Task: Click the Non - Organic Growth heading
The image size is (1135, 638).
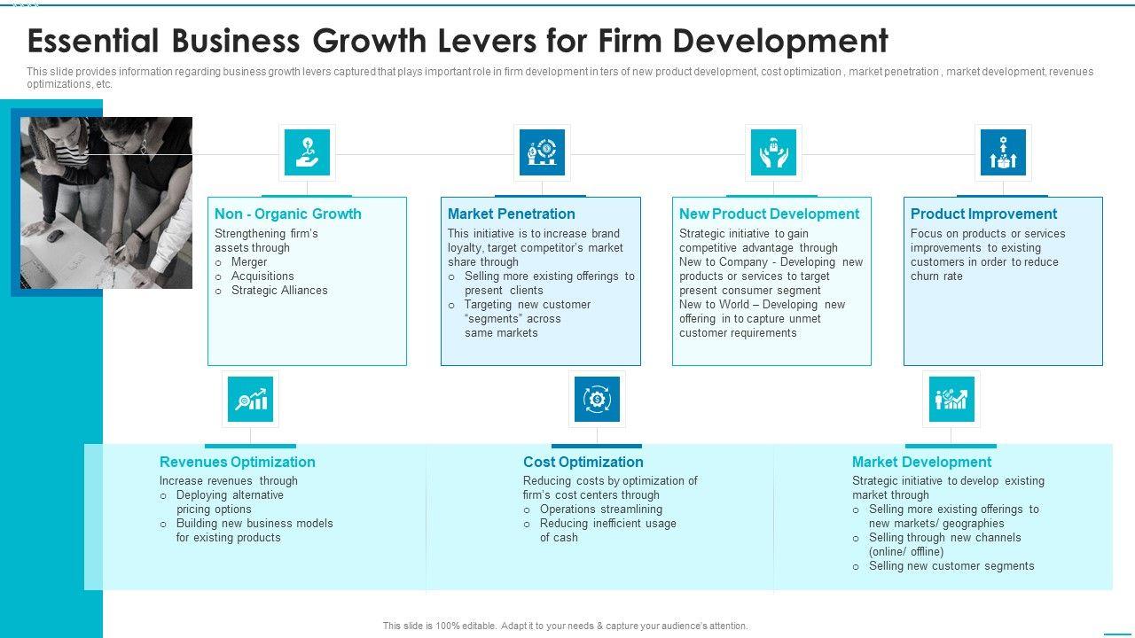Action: coord(288,214)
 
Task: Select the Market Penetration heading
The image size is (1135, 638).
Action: coord(511,214)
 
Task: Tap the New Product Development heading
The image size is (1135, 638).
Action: coord(769,214)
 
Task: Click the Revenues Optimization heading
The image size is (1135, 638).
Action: coord(237,462)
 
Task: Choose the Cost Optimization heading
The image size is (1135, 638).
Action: coord(583,462)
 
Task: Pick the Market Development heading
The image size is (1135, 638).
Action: coord(921,462)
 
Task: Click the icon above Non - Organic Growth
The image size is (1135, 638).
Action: coord(307,152)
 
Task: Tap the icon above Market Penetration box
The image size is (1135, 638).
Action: coord(542,152)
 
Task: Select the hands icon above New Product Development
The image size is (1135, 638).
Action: coord(773,152)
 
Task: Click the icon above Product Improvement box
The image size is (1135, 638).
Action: coord(1003,152)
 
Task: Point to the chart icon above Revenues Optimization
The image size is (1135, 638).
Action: coord(250,399)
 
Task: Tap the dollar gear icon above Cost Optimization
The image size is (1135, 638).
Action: coord(597,399)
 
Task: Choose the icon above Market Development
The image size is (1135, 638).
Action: coord(951,399)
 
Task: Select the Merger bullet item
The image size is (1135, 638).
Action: coord(249,262)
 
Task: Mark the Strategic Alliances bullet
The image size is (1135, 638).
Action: coord(279,291)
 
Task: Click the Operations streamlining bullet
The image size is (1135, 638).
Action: coord(600,510)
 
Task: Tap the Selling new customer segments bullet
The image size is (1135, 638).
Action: coord(951,566)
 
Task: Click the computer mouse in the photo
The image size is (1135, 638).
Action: coord(55,235)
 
